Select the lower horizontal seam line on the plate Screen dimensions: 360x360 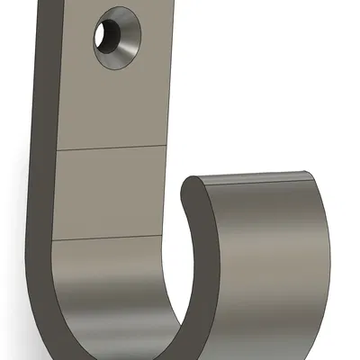pos(108,239)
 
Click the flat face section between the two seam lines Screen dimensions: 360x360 pos(108,193)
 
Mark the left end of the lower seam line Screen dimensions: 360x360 pos(52,241)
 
